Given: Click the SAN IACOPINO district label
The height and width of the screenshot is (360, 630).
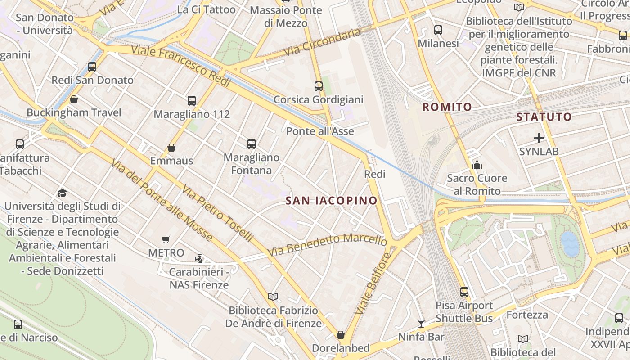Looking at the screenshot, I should (x=331, y=201).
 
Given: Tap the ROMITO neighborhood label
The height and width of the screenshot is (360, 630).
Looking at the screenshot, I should (x=447, y=107).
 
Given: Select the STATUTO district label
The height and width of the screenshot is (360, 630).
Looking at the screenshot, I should (x=544, y=117).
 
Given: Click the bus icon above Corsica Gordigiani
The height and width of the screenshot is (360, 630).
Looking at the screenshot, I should (x=319, y=86).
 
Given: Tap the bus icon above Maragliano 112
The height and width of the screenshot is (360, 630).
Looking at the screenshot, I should (x=192, y=100).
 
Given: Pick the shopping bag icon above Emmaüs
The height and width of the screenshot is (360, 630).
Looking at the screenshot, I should (x=171, y=147).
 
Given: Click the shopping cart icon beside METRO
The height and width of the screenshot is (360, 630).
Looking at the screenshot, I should (x=166, y=240).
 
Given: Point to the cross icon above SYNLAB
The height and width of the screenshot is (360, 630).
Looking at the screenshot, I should (x=539, y=138).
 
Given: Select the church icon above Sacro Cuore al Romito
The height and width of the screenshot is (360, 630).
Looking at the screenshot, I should (x=477, y=165).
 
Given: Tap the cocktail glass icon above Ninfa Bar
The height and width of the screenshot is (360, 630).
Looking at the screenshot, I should (x=421, y=323).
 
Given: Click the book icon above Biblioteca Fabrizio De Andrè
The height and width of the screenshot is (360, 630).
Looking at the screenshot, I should (x=273, y=297).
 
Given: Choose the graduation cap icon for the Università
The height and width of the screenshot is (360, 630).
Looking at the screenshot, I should (x=62, y=193).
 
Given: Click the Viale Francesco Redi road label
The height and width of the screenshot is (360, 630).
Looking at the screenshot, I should (x=181, y=66).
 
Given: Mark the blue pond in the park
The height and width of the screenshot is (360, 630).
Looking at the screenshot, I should (x=570, y=243).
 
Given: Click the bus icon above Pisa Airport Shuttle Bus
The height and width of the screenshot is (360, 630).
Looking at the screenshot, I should (x=464, y=292).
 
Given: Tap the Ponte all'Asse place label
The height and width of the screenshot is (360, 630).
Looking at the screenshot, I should (x=320, y=131).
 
